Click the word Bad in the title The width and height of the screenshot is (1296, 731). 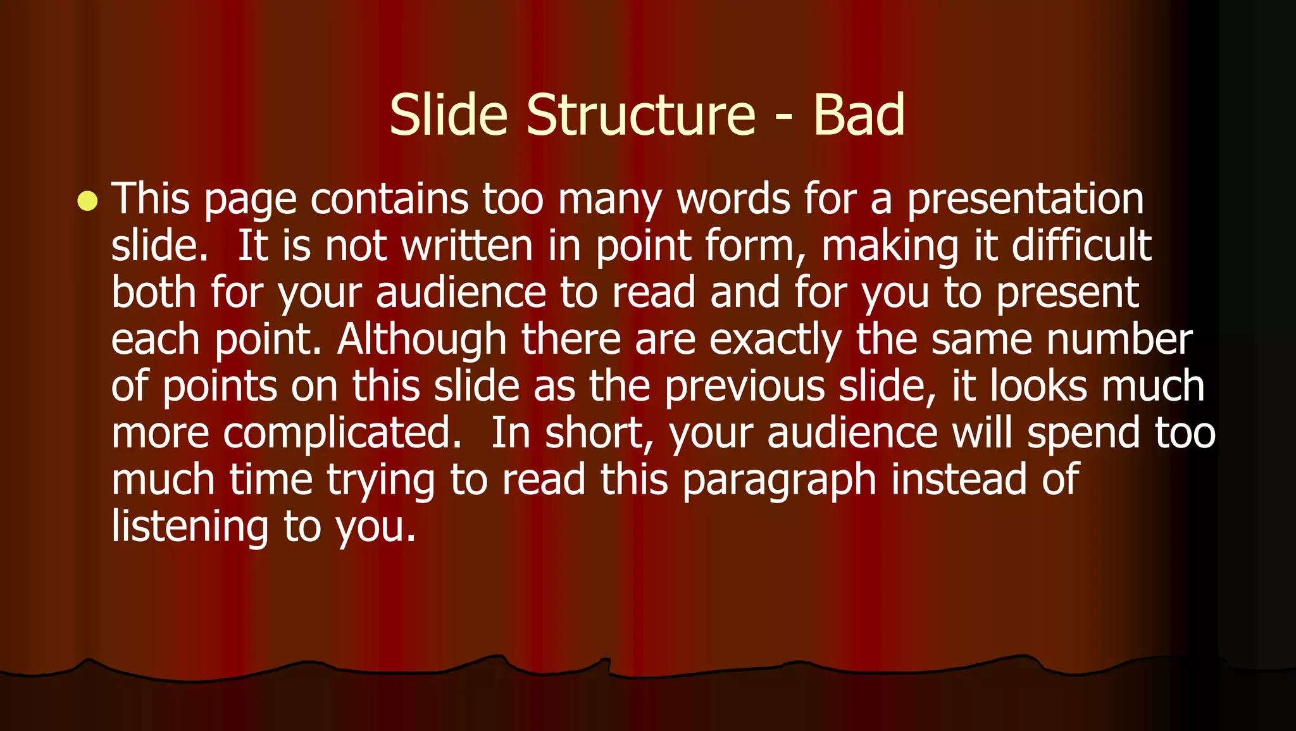click(x=859, y=115)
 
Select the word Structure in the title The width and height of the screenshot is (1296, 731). click(x=640, y=115)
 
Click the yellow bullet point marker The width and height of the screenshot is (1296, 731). click(x=87, y=201)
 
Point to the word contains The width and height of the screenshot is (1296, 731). click(x=389, y=199)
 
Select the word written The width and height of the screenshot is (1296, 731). click(x=467, y=246)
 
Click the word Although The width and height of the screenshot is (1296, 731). click(x=421, y=341)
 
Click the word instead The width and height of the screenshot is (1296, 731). click(x=959, y=479)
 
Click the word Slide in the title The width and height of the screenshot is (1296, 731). click(x=448, y=115)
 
